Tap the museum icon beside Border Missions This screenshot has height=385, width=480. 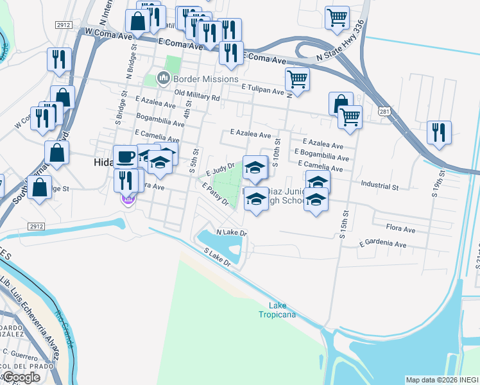164,79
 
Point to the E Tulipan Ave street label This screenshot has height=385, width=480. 262,92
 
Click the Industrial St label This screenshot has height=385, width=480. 380,187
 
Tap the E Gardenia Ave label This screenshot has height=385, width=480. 383,244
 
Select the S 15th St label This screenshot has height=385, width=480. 344,224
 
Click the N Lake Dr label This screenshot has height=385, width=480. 232,232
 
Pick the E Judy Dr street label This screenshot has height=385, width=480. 219,170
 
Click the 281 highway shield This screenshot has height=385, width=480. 384,111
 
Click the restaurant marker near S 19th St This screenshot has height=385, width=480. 439,132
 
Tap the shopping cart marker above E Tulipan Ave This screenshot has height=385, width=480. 297,80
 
